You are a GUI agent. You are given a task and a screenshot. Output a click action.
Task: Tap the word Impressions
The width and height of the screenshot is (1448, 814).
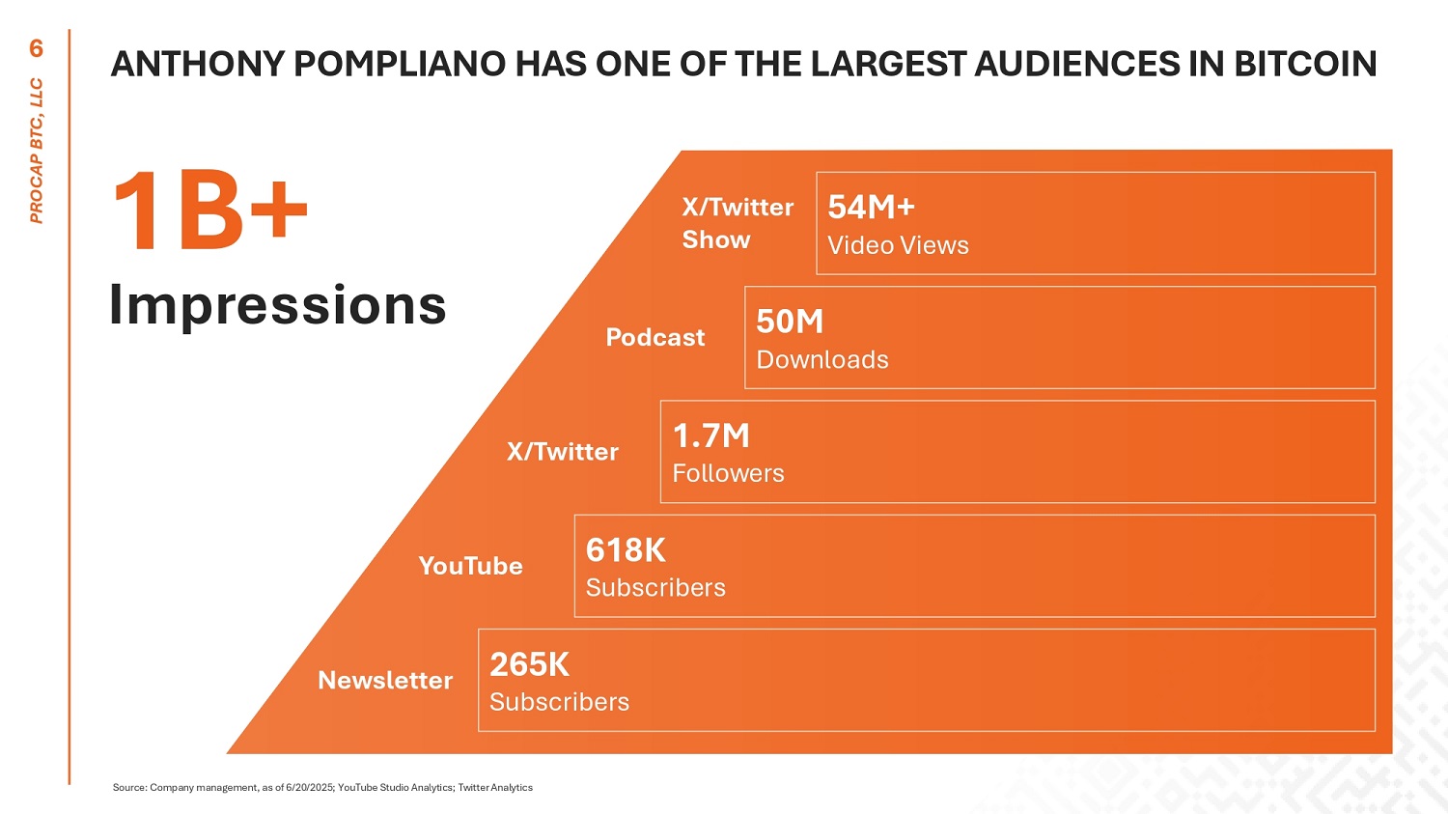click(277, 305)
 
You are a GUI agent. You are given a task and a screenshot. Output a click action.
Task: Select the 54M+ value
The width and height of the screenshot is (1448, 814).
click(871, 207)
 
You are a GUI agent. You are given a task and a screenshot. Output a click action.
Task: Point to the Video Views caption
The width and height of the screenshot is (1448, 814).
click(898, 245)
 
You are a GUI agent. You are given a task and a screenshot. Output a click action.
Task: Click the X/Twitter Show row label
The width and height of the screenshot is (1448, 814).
click(737, 223)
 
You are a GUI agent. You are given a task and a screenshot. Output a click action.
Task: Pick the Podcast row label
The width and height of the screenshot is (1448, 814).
click(654, 337)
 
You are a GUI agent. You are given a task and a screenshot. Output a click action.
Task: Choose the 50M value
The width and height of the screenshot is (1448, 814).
click(790, 322)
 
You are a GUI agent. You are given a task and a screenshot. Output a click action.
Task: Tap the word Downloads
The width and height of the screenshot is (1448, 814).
click(822, 359)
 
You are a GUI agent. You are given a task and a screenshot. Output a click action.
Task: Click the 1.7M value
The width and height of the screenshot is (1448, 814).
click(710, 435)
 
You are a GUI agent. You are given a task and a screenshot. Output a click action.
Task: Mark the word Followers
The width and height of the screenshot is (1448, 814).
click(728, 473)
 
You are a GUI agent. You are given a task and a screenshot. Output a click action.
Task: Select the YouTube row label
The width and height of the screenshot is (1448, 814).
click(470, 566)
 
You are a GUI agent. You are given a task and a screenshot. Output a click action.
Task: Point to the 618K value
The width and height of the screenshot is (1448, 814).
click(626, 549)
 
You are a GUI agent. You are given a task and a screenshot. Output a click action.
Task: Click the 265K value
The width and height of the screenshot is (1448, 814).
click(529, 664)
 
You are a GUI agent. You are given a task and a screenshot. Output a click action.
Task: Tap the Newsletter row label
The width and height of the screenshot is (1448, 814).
click(385, 680)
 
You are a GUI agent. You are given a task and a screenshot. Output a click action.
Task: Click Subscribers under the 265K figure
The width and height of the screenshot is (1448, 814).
click(559, 702)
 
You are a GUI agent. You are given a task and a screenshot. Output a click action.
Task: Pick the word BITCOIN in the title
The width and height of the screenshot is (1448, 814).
click(1305, 64)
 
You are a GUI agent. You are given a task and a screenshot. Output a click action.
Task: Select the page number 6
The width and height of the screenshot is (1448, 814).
click(37, 48)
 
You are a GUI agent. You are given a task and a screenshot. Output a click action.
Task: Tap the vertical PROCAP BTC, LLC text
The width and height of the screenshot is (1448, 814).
click(37, 151)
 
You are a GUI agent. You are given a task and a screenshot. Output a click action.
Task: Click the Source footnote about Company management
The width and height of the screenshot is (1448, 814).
click(322, 788)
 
